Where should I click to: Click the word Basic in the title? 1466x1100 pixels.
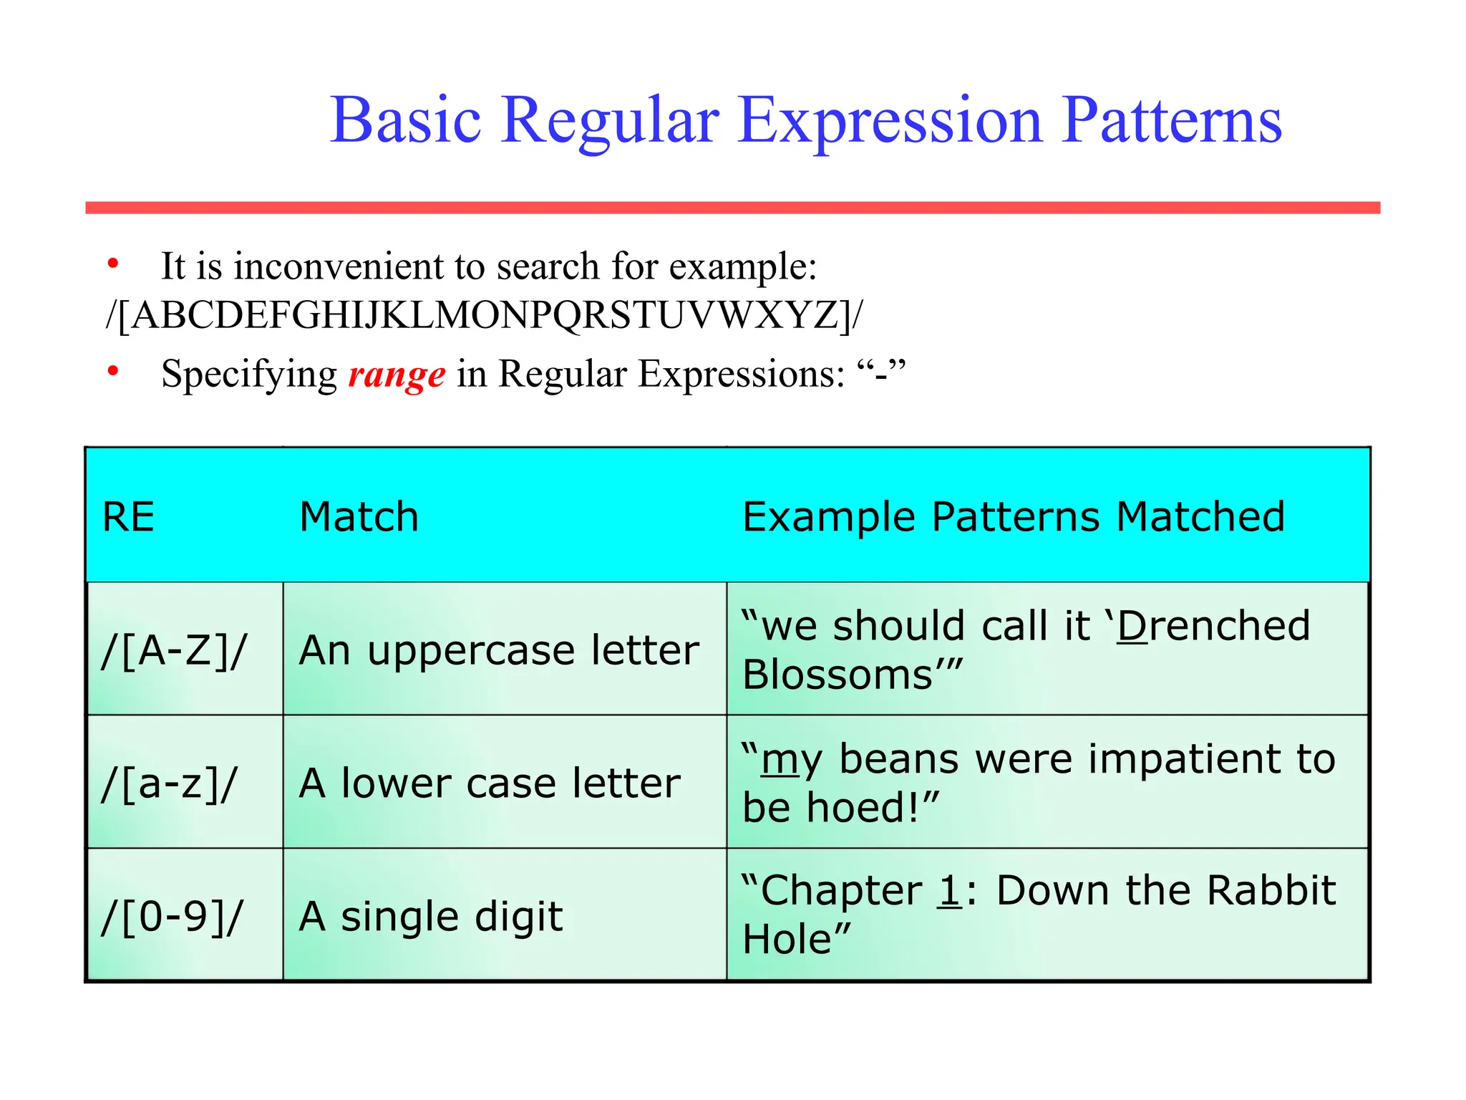coord(405,120)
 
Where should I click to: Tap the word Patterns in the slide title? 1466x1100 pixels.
coord(1171,120)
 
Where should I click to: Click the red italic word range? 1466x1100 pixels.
coord(397,375)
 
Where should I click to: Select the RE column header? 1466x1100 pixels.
coord(129,516)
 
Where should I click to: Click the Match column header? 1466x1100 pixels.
coord(359,516)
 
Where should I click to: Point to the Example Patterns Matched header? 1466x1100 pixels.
coord(1013,516)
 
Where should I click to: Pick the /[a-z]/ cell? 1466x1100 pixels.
coord(169,783)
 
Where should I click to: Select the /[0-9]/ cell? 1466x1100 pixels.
coord(173,916)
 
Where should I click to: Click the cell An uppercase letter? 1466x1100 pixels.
coord(499,650)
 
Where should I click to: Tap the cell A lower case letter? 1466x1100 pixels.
coord(490,783)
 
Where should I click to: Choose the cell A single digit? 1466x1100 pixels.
coord(431,916)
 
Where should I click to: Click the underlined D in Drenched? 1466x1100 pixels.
coord(1132,626)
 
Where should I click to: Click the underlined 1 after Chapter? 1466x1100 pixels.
coord(950,891)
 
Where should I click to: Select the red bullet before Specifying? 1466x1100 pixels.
coord(113,371)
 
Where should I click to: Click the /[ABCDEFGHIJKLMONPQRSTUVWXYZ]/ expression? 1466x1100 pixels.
coord(485,315)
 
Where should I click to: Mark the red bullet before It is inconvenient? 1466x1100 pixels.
coord(113,264)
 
